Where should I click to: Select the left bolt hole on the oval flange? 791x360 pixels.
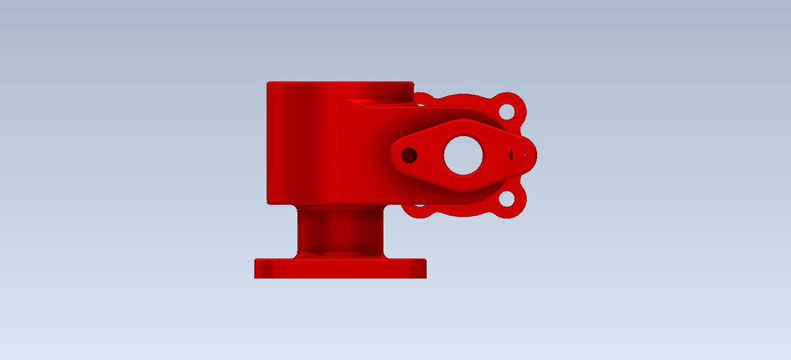(x=408, y=154)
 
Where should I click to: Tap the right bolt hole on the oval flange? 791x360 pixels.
(x=517, y=154)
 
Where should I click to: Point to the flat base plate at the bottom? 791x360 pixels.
(x=339, y=269)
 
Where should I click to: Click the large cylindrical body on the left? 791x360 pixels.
(x=301, y=144)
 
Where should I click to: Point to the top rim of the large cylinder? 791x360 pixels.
(x=338, y=83)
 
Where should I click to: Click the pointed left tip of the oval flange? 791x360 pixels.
(x=395, y=154)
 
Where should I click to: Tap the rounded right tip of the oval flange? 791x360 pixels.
(x=531, y=154)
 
